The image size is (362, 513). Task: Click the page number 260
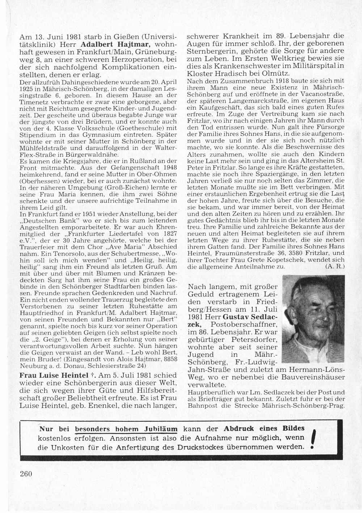(x=25, y=474)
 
